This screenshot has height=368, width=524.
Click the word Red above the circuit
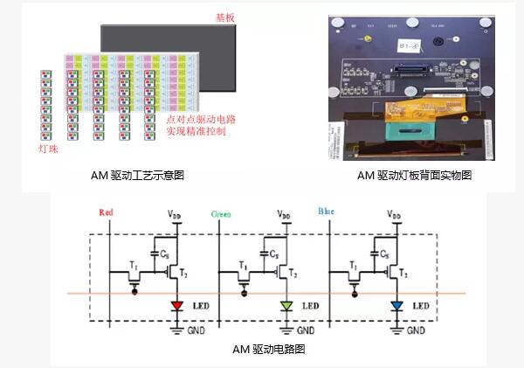(x=107, y=212)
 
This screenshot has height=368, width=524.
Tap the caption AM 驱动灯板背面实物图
(x=414, y=175)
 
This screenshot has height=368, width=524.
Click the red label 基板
(x=225, y=17)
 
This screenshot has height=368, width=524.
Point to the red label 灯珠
(x=49, y=149)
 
